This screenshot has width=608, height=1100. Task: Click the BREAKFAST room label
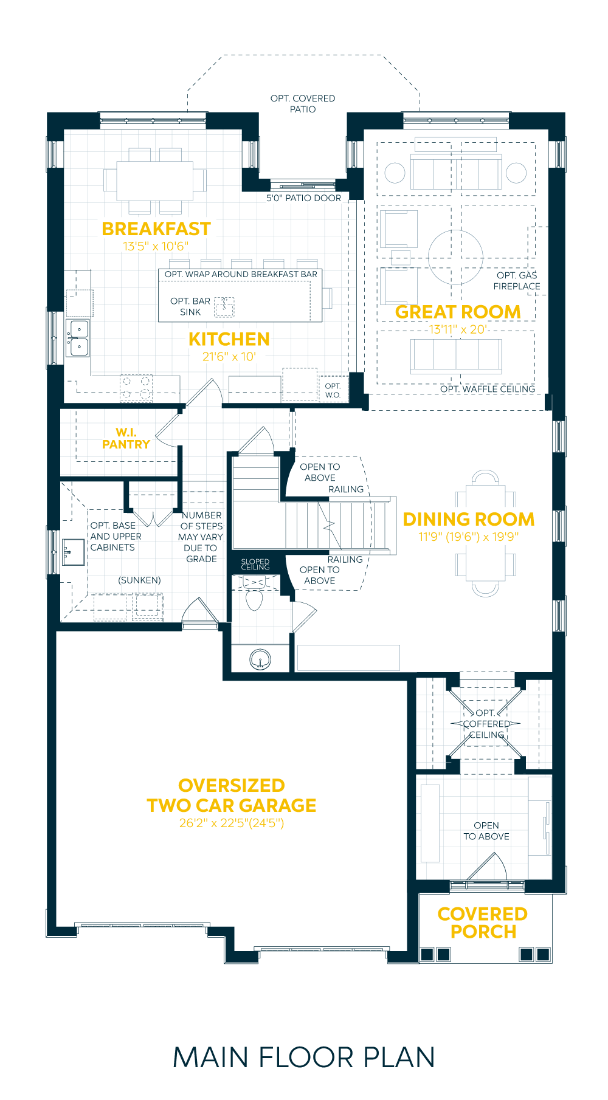click(156, 229)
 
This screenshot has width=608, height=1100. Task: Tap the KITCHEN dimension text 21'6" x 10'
click(229, 357)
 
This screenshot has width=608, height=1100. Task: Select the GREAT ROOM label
click(458, 312)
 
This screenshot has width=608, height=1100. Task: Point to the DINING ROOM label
click(469, 520)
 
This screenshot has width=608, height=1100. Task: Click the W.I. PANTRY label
click(126, 438)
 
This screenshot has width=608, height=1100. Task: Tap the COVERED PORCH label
click(483, 923)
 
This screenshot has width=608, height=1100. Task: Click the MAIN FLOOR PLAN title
click(304, 1057)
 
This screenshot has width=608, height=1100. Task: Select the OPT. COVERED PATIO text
click(303, 104)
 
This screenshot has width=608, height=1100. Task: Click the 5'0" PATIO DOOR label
click(303, 198)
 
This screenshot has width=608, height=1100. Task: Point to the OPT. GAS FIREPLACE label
click(517, 281)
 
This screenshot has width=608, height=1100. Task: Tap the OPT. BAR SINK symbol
click(224, 307)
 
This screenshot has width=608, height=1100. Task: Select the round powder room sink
click(260, 659)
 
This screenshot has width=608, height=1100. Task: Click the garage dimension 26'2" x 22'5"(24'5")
click(232, 823)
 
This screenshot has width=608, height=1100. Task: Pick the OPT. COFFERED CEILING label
click(486, 724)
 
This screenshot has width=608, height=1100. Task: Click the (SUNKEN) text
click(140, 580)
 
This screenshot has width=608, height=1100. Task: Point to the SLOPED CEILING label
click(255, 565)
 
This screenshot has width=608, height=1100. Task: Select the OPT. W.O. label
click(333, 390)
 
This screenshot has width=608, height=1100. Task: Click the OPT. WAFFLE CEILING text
click(488, 389)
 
